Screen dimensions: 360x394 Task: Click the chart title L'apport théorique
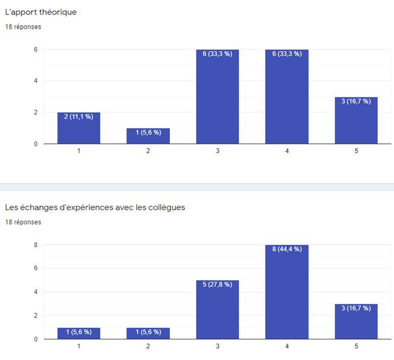[x=41, y=12]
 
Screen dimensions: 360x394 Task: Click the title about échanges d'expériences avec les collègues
[x=95, y=207]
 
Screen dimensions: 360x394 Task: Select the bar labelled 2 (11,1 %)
[x=78, y=128]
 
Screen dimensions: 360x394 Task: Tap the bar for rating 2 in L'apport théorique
[x=148, y=136]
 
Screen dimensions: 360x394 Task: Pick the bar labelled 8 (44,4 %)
[x=287, y=292]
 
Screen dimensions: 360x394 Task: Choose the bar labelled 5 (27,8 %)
[x=217, y=309]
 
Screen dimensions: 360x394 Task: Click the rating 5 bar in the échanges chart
[x=356, y=322]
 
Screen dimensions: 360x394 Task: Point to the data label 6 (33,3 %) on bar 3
[x=217, y=54]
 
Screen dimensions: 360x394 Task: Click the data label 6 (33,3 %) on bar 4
[x=287, y=54]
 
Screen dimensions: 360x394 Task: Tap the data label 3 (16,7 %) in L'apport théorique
[x=356, y=101]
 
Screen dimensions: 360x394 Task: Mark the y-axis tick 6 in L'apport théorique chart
[x=35, y=50]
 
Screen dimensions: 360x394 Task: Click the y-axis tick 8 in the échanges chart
[x=35, y=245]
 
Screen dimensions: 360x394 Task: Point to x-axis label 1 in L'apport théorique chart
[x=78, y=152]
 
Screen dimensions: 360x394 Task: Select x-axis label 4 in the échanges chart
[x=287, y=347]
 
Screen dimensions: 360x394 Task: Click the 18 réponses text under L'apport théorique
[x=23, y=27]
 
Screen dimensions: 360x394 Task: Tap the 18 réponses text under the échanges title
[x=23, y=222]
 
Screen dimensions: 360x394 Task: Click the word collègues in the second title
[x=166, y=207]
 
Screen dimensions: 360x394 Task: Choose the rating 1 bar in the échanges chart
[x=78, y=333]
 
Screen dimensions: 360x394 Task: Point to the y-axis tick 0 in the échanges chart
[x=35, y=339]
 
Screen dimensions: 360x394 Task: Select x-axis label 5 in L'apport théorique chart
[x=356, y=152]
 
